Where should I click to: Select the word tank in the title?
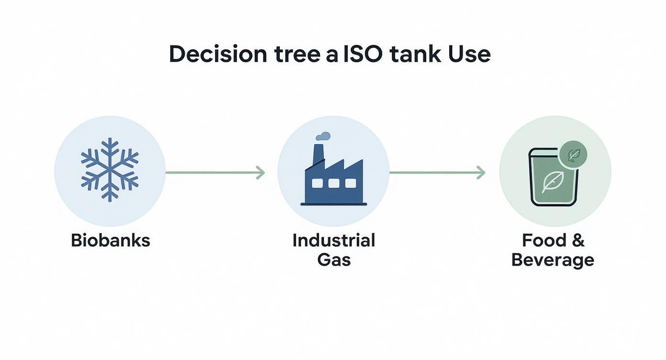coord(415,55)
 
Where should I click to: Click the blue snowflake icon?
coord(110,169)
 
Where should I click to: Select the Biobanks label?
coord(111,240)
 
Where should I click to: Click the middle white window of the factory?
coord(334,183)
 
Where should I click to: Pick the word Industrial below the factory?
coord(333,240)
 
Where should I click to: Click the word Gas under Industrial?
coord(334,260)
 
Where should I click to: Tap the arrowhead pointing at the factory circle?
coord(261,172)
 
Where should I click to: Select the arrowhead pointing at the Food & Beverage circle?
coord(481,172)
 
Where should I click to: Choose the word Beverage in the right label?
coord(553,260)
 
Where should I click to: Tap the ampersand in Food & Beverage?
coord(577,240)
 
